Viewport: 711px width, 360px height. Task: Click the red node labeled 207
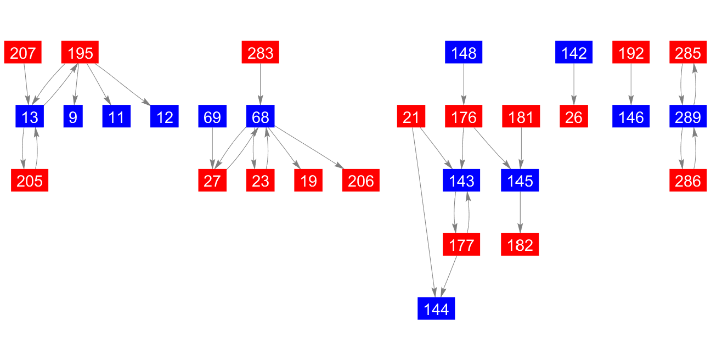point(23,52)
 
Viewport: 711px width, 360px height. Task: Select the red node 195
point(80,52)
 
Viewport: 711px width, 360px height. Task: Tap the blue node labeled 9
point(73,116)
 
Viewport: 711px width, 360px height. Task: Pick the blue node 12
point(165,116)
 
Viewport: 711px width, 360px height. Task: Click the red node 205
point(30,181)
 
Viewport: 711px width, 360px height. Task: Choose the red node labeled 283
point(260,52)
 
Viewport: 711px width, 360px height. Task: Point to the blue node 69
point(212,116)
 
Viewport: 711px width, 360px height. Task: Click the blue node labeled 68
point(260,116)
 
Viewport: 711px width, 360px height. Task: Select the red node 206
point(361,181)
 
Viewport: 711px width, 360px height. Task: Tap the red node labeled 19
point(308,181)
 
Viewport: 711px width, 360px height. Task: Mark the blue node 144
point(436,308)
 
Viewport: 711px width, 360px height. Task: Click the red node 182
point(520,244)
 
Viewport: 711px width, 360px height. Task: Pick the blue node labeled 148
point(464,52)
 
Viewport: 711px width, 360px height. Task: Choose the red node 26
point(574,116)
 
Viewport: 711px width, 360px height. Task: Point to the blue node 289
point(688,116)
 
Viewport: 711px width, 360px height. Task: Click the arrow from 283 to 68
point(260,84)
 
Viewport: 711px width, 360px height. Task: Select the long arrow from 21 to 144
point(424,212)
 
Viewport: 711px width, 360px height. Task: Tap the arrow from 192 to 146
point(631,84)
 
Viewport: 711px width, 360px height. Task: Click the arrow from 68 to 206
point(309,147)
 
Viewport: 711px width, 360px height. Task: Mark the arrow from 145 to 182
point(520,212)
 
